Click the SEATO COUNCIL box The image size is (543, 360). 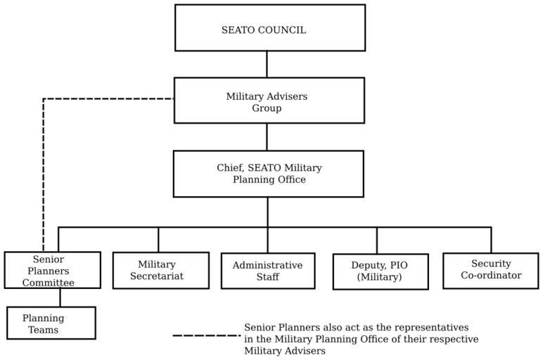coord(269,28)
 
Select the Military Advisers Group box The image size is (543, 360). coord(269,101)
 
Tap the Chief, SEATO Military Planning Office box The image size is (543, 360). coord(269,174)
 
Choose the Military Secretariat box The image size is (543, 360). coord(160,270)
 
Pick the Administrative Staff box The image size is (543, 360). coord(267,270)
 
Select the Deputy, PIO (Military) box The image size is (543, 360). coord(380,271)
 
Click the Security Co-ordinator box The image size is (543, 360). coord(490,270)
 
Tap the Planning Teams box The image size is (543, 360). coord(51,323)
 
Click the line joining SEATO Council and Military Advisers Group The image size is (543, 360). coord(267,64)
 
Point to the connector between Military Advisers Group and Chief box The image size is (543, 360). coord(267,136)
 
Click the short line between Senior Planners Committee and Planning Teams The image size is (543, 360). coord(60,297)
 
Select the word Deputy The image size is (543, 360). coord(369,266)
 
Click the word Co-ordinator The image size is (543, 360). coord(491,276)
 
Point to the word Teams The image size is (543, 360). coord(43,330)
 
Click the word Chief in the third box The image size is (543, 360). coord(229,168)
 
